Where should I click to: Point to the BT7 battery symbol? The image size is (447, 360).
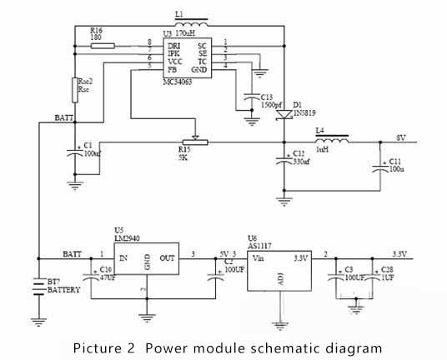coord(38,287)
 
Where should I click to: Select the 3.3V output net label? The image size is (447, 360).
coord(402,253)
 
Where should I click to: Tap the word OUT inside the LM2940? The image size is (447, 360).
coord(167,259)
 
